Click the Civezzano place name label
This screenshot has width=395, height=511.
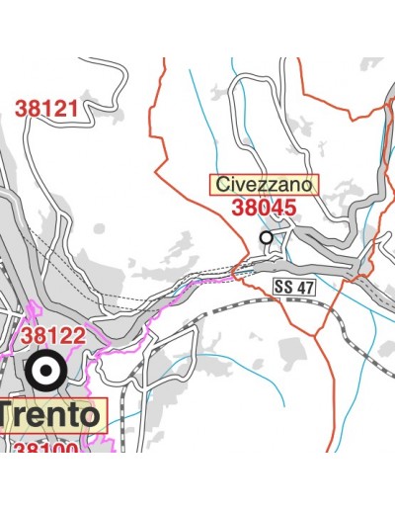(x=265, y=185)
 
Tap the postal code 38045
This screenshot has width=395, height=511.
(x=265, y=208)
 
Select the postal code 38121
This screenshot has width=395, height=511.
(x=45, y=109)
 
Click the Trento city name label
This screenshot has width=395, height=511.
(x=49, y=415)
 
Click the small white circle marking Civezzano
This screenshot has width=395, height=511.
(x=266, y=237)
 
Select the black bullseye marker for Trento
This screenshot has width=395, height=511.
(x=45, y=372)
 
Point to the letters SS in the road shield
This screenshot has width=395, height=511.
(x=283, y=285)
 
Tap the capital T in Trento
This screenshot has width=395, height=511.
(x=9, y=415)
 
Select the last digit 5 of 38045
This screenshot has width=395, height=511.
(x=290, y=208)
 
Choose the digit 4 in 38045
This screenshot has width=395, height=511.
(x=277, y=208)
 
